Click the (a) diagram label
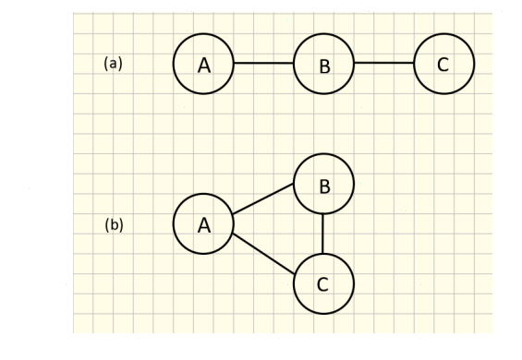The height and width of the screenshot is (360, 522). click(113, 64)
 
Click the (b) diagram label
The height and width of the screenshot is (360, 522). click(114, 224)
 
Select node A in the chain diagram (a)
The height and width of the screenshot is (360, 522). click(203, 64)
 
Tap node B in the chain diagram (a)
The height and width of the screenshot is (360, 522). click(323, 64)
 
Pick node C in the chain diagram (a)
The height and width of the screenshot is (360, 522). click(443, 64)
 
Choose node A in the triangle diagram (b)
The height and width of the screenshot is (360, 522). click(203, 223)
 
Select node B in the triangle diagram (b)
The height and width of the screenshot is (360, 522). click(323, 184)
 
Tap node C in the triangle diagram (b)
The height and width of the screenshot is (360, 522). click(323, 283)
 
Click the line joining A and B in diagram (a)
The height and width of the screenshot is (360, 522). click(263, 64)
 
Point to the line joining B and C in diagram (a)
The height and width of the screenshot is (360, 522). click(383, 64)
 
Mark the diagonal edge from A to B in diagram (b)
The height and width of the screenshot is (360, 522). click(263, 198)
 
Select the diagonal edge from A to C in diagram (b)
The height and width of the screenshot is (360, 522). click(263, 254)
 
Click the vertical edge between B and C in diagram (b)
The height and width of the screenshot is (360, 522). click(323, 234)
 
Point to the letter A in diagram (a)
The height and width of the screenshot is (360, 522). click(204, 65)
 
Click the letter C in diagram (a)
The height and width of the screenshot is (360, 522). click(443, 65)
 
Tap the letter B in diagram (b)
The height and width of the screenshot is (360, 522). click(324, 187)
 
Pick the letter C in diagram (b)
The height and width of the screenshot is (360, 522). click(322, 285)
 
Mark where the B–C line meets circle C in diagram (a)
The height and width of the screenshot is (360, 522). click(414, 64)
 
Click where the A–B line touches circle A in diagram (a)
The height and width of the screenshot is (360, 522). click(234, 64)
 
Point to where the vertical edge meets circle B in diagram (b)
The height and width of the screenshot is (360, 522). click(323, 213)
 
